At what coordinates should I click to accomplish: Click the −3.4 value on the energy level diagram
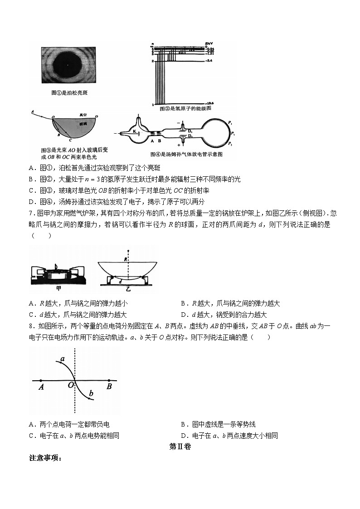(209, 60)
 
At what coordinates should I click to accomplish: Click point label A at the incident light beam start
(33, 111)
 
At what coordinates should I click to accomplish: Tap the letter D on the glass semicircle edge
(98, 116)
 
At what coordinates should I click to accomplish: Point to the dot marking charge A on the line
(41, 380)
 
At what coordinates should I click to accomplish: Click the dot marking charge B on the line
(109, 380)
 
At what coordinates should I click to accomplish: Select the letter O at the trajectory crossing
(70, 386)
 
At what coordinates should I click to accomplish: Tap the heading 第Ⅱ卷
(180, 446)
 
